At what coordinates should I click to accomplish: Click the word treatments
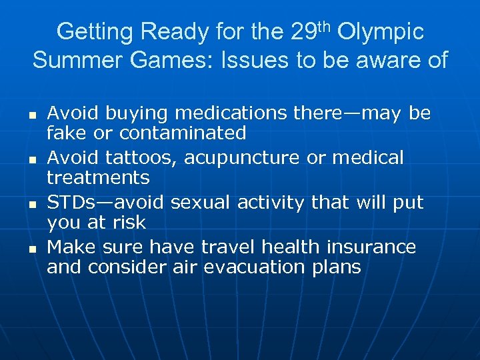point(98,177)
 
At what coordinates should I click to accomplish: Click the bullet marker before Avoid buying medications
point(33,115)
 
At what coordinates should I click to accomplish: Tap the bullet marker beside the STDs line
point(33,204)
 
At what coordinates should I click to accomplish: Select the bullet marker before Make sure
point(33,249)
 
